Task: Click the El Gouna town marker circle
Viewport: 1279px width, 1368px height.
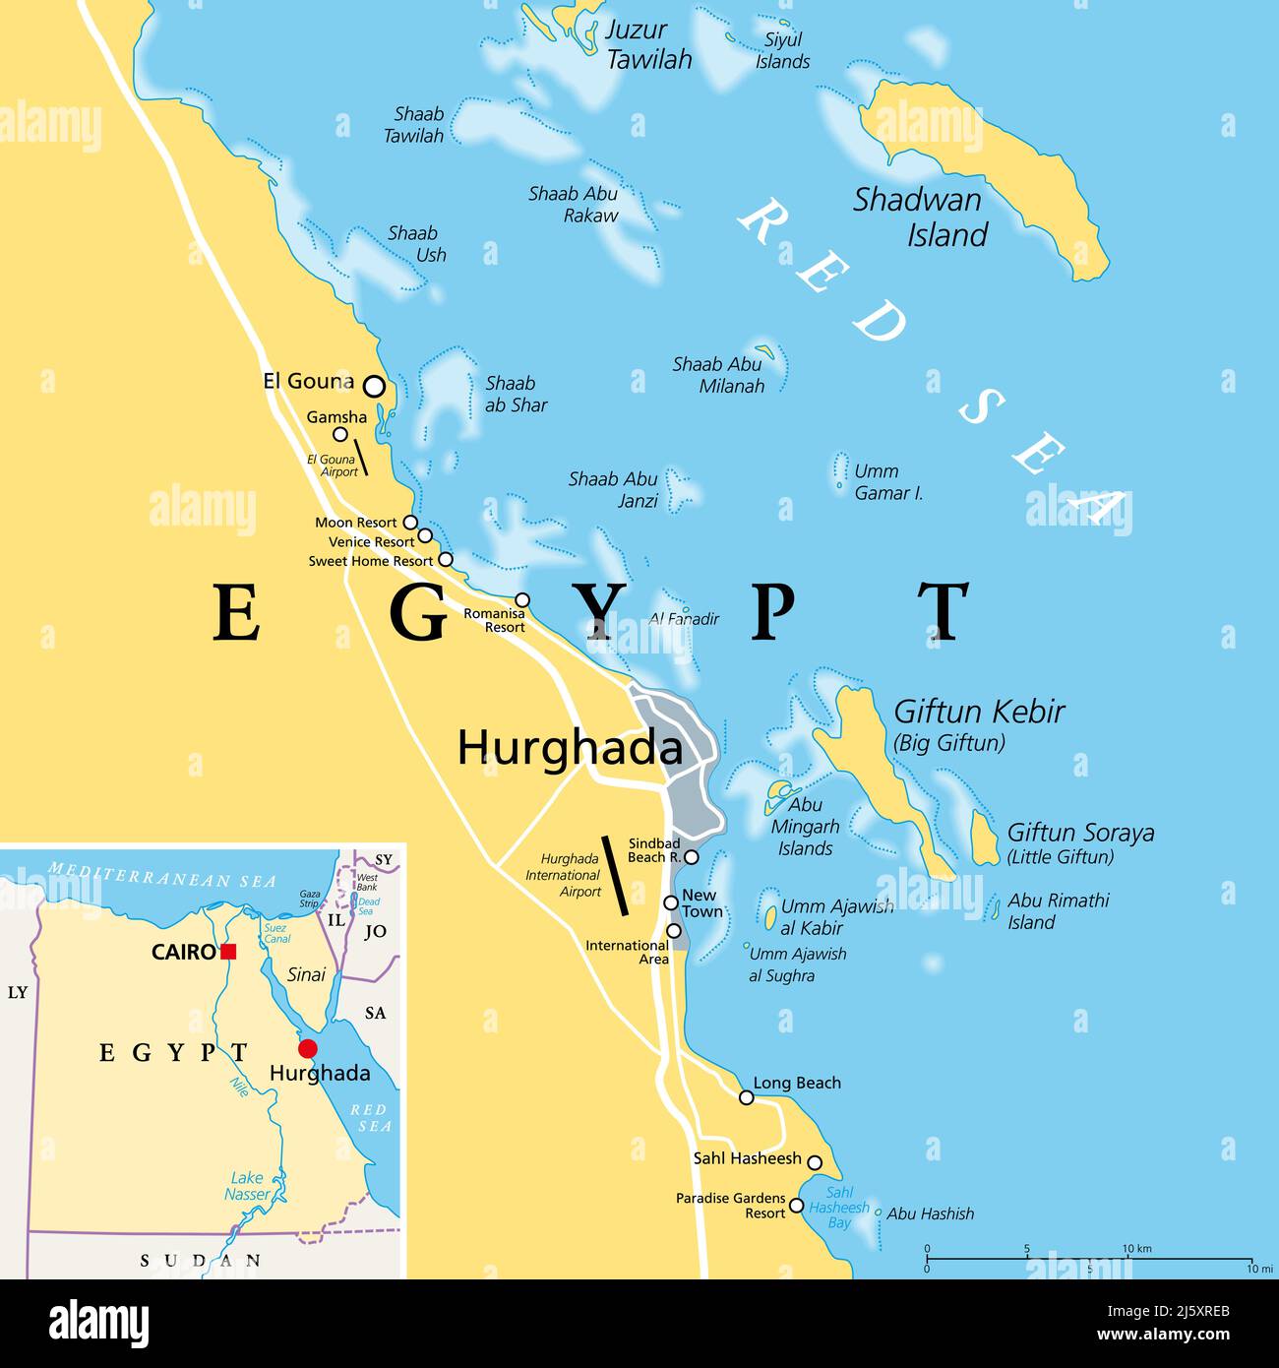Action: click(374, 386)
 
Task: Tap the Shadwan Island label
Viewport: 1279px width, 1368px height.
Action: click(919, 217)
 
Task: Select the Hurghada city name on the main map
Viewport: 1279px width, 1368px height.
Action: click(570, 749)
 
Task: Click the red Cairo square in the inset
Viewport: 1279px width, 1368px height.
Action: click(228, 952)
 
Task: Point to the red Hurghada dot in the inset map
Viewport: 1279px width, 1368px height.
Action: click(308, 1048)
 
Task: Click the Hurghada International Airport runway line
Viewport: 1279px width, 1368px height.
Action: click(616, 875)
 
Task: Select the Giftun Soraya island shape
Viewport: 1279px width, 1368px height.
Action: click(984, 839)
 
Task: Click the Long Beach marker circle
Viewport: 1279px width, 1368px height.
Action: click(747, 1097)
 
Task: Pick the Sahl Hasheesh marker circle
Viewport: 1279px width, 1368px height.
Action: click(815, 1163)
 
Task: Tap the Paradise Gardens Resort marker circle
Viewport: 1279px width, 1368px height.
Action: click(797, 1206)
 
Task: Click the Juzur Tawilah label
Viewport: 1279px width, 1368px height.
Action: click(647, 45)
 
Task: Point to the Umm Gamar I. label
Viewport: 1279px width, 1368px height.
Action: click(888, 482)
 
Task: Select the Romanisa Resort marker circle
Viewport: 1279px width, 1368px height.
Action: click(522, 600)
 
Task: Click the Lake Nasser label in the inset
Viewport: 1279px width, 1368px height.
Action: click(247, 1186)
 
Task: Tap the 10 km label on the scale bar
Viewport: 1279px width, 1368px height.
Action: click(1136, 1249)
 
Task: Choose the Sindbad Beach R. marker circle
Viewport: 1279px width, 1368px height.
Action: click(692, 857)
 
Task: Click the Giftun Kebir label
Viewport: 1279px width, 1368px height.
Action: click(979, 712)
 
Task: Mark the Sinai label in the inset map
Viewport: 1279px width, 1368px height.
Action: click(306, 974)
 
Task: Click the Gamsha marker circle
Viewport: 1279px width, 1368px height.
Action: click(340, 434)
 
